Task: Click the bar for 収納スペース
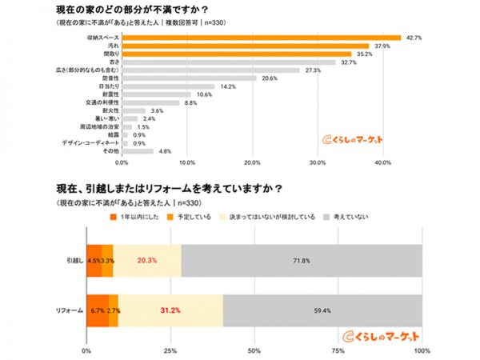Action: coord(261,38)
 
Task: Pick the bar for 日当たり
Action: coord(168,86)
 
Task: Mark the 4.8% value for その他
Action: coord(166,150)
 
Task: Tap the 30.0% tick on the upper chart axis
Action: coord(318,162)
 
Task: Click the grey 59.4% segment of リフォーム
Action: coord(322,309)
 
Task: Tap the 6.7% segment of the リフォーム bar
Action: coord(97,309)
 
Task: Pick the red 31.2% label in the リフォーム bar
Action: coord(170,309)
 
